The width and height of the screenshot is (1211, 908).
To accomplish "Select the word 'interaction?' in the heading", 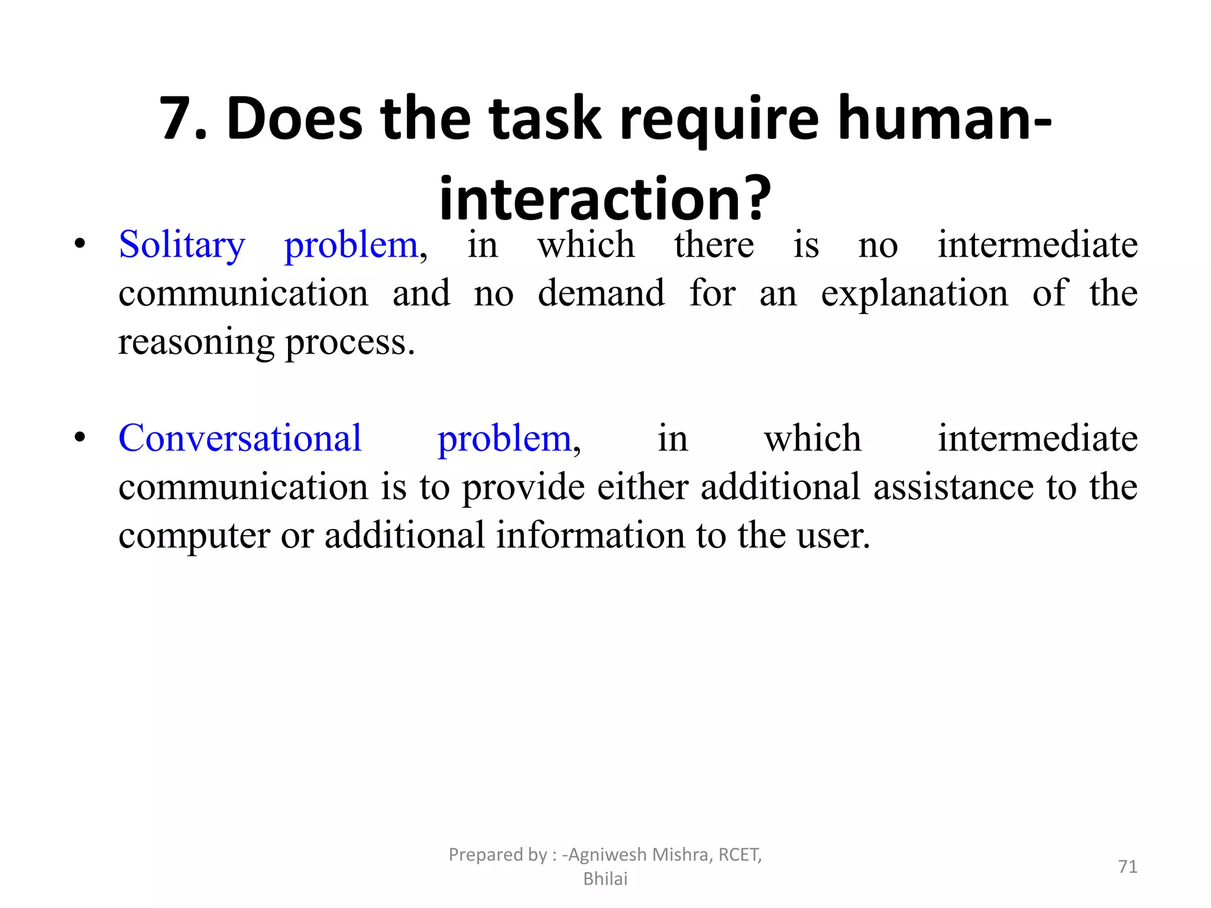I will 605,198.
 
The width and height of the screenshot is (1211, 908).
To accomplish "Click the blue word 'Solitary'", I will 182,245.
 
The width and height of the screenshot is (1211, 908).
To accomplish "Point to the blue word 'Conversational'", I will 240,439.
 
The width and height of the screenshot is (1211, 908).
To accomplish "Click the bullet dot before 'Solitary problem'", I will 80,244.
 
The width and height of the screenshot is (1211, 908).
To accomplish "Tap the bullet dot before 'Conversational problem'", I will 80,438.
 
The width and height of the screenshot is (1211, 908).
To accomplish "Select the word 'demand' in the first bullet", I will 601,293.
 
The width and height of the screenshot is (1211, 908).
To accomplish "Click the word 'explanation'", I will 914,293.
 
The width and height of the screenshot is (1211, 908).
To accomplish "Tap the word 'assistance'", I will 953,487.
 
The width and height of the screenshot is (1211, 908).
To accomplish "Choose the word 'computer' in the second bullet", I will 194,536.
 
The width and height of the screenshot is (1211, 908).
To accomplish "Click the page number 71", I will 1128,867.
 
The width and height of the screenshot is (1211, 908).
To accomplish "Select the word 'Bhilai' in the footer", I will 605,879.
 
